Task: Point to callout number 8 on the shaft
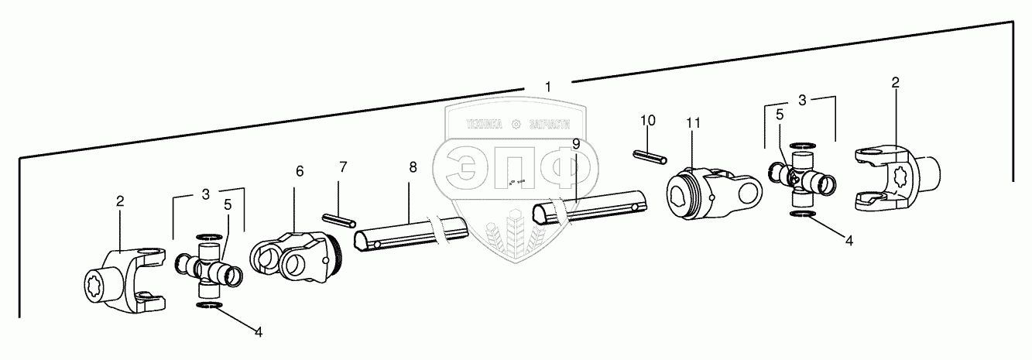point(413,167)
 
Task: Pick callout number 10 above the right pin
point(648,121)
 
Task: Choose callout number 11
point(693,122)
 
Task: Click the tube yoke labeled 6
point(294,258)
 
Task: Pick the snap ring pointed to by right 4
point(802,214)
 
